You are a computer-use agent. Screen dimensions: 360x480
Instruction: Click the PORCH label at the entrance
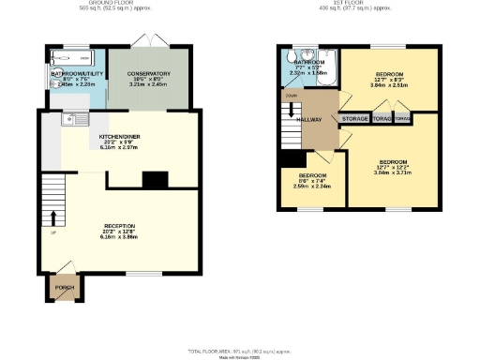64,288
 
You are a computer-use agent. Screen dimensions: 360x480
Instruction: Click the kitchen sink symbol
74,119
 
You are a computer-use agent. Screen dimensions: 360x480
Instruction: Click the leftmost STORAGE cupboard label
354,119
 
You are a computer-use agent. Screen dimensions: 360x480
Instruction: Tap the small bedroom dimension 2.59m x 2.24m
312,186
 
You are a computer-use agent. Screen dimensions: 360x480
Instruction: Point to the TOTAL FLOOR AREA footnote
239,350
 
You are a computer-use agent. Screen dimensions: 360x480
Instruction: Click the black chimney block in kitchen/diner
153,178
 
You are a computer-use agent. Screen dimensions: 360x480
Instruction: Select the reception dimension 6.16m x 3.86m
119,239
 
